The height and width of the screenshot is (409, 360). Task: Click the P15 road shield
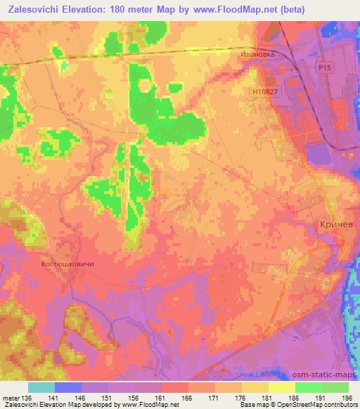323,68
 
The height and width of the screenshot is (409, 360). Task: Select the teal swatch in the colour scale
41,387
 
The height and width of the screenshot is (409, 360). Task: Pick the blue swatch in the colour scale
68,387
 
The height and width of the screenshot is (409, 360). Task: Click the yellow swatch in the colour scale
282,387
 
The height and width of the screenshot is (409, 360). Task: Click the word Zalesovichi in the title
32,10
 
